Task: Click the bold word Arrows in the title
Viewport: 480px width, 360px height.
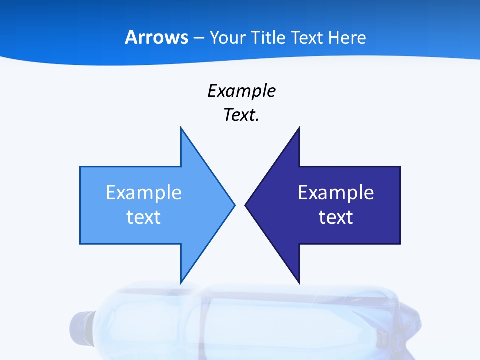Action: coord(156,38)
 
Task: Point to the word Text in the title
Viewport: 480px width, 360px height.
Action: coord(307,38)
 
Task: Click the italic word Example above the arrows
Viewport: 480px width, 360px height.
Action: coord(241,91)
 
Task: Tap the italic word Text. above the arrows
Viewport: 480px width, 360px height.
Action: coord(241,115)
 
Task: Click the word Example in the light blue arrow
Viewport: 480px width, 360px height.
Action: coord(144,193)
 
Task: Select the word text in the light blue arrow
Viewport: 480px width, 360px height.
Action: coord(144,217)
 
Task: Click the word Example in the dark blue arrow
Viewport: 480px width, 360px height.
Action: coord(336,193)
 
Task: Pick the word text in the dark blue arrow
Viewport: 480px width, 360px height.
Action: coord(336,217)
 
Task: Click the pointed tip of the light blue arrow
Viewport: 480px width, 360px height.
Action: coord(234,204)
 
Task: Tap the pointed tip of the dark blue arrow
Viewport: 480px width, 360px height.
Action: coord(245,204)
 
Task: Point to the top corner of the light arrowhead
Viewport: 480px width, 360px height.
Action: coord(181,128)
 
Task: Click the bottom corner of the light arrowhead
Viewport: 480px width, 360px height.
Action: coord(181,283)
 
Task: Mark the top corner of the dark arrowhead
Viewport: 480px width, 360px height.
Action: coord(299,128)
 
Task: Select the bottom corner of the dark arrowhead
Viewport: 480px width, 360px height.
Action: coord(299,283)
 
